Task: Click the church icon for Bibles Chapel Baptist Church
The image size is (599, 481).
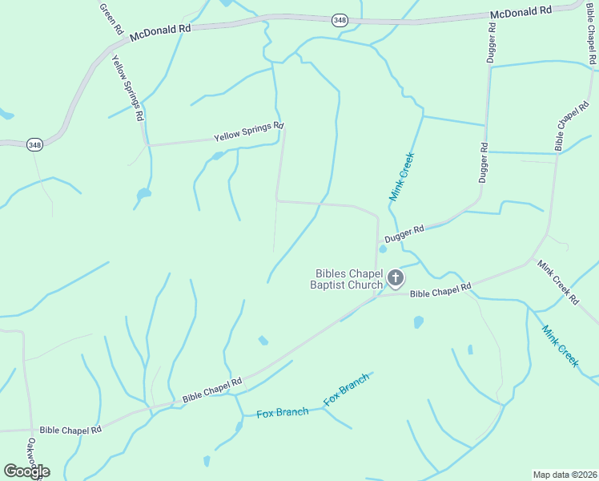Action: [395, 278]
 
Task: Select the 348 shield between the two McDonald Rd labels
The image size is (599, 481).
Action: [340, 20]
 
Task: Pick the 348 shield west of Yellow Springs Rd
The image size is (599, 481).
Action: [34, 144]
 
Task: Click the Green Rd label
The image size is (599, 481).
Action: [111, 18]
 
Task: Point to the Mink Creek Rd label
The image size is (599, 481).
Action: [557, 281]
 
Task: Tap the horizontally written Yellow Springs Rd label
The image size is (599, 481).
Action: [248, 132]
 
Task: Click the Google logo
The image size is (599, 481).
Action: [26, 471]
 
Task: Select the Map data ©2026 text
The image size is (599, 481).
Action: [564, 474]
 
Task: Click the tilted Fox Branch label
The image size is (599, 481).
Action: [347, 388]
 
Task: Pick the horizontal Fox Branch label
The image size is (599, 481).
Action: [282, 413]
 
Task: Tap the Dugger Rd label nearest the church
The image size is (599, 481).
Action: [404, 234]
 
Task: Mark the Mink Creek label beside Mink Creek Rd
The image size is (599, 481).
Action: [559, 346]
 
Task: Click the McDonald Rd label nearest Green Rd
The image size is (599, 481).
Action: [160, 30]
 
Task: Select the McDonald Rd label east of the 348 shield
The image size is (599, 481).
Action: [521, 12]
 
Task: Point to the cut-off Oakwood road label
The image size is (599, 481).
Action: [33, 455]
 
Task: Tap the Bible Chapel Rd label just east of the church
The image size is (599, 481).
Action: [440, 289]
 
